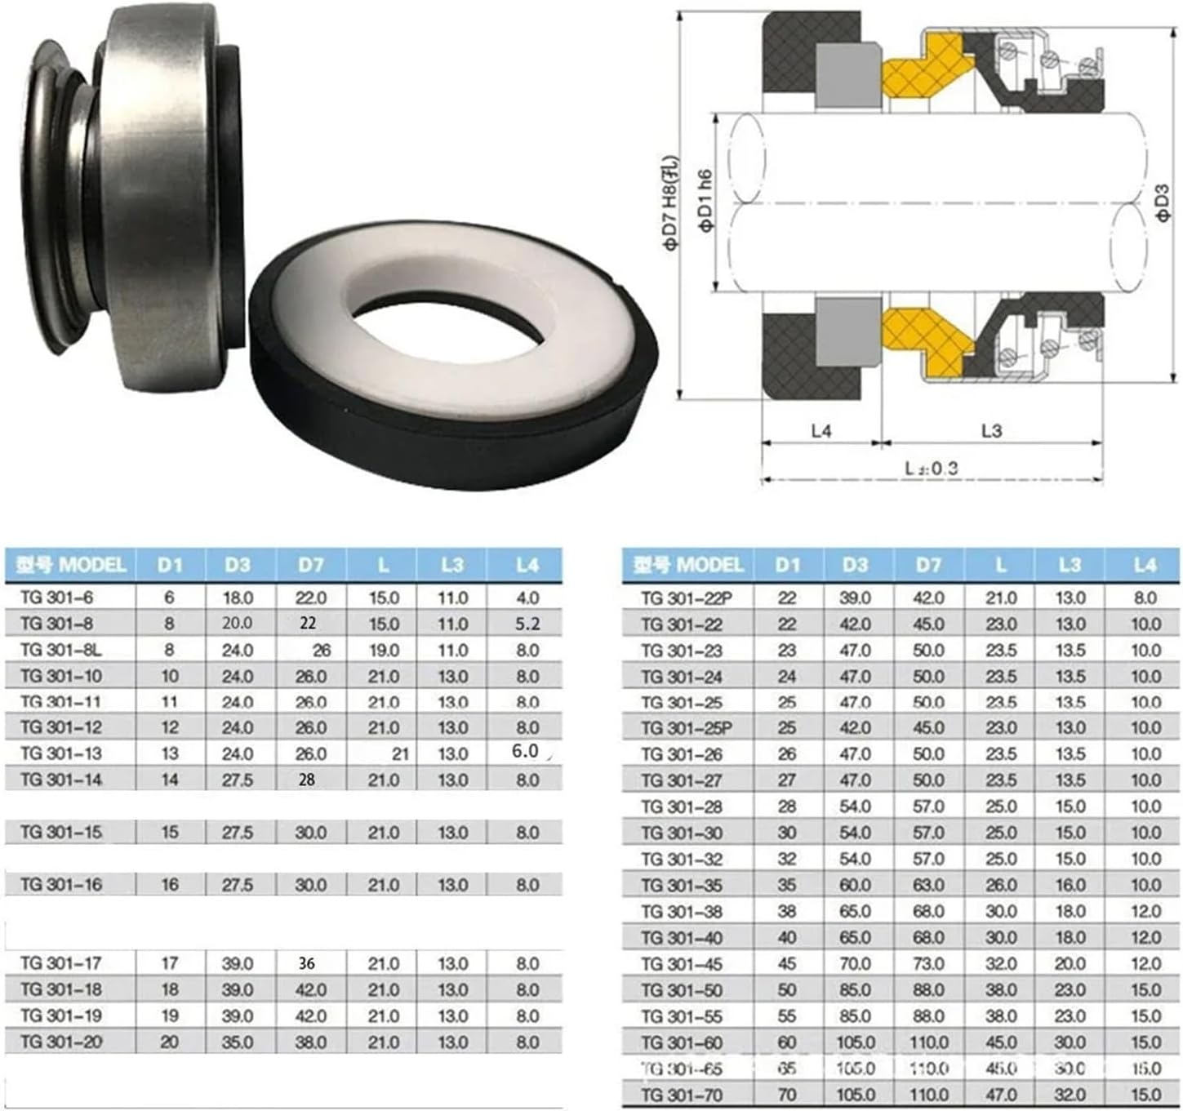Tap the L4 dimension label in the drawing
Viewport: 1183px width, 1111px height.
[821, 430]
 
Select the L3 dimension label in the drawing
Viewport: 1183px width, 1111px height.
[991, 430]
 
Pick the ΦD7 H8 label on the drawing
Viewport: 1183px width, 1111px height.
[670, 204]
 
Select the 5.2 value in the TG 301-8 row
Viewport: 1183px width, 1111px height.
[527, 624]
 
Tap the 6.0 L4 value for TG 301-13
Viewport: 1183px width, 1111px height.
[525, 751]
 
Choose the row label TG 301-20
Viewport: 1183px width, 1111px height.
[61, 1042]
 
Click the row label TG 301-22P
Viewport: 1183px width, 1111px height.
[687, 598]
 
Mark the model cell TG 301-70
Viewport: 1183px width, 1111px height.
[682, 1094]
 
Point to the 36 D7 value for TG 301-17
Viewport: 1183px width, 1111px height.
[306, 963]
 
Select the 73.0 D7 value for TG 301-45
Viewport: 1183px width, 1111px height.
[928, 963]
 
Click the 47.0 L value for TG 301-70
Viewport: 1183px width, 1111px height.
[1000, 1094]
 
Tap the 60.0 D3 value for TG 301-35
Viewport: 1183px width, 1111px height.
[855, 885]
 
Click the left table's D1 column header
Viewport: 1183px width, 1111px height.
[170, 565]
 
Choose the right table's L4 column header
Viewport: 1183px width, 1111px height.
[1145, 565]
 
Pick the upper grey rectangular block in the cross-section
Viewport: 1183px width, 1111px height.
[848, 75]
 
